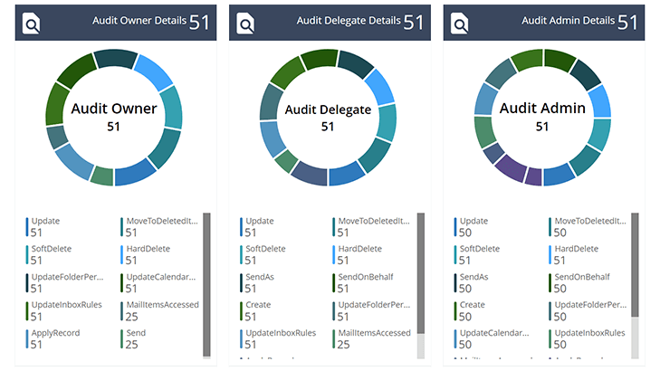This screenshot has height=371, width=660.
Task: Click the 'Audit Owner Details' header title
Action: [139, 21]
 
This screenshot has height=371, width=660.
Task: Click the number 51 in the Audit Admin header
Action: [628, 21]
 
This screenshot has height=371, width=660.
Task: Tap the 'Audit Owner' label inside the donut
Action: [114, 109]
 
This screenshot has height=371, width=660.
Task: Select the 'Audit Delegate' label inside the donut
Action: [328, 109]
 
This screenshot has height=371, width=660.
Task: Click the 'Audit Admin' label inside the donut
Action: [542, 109]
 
